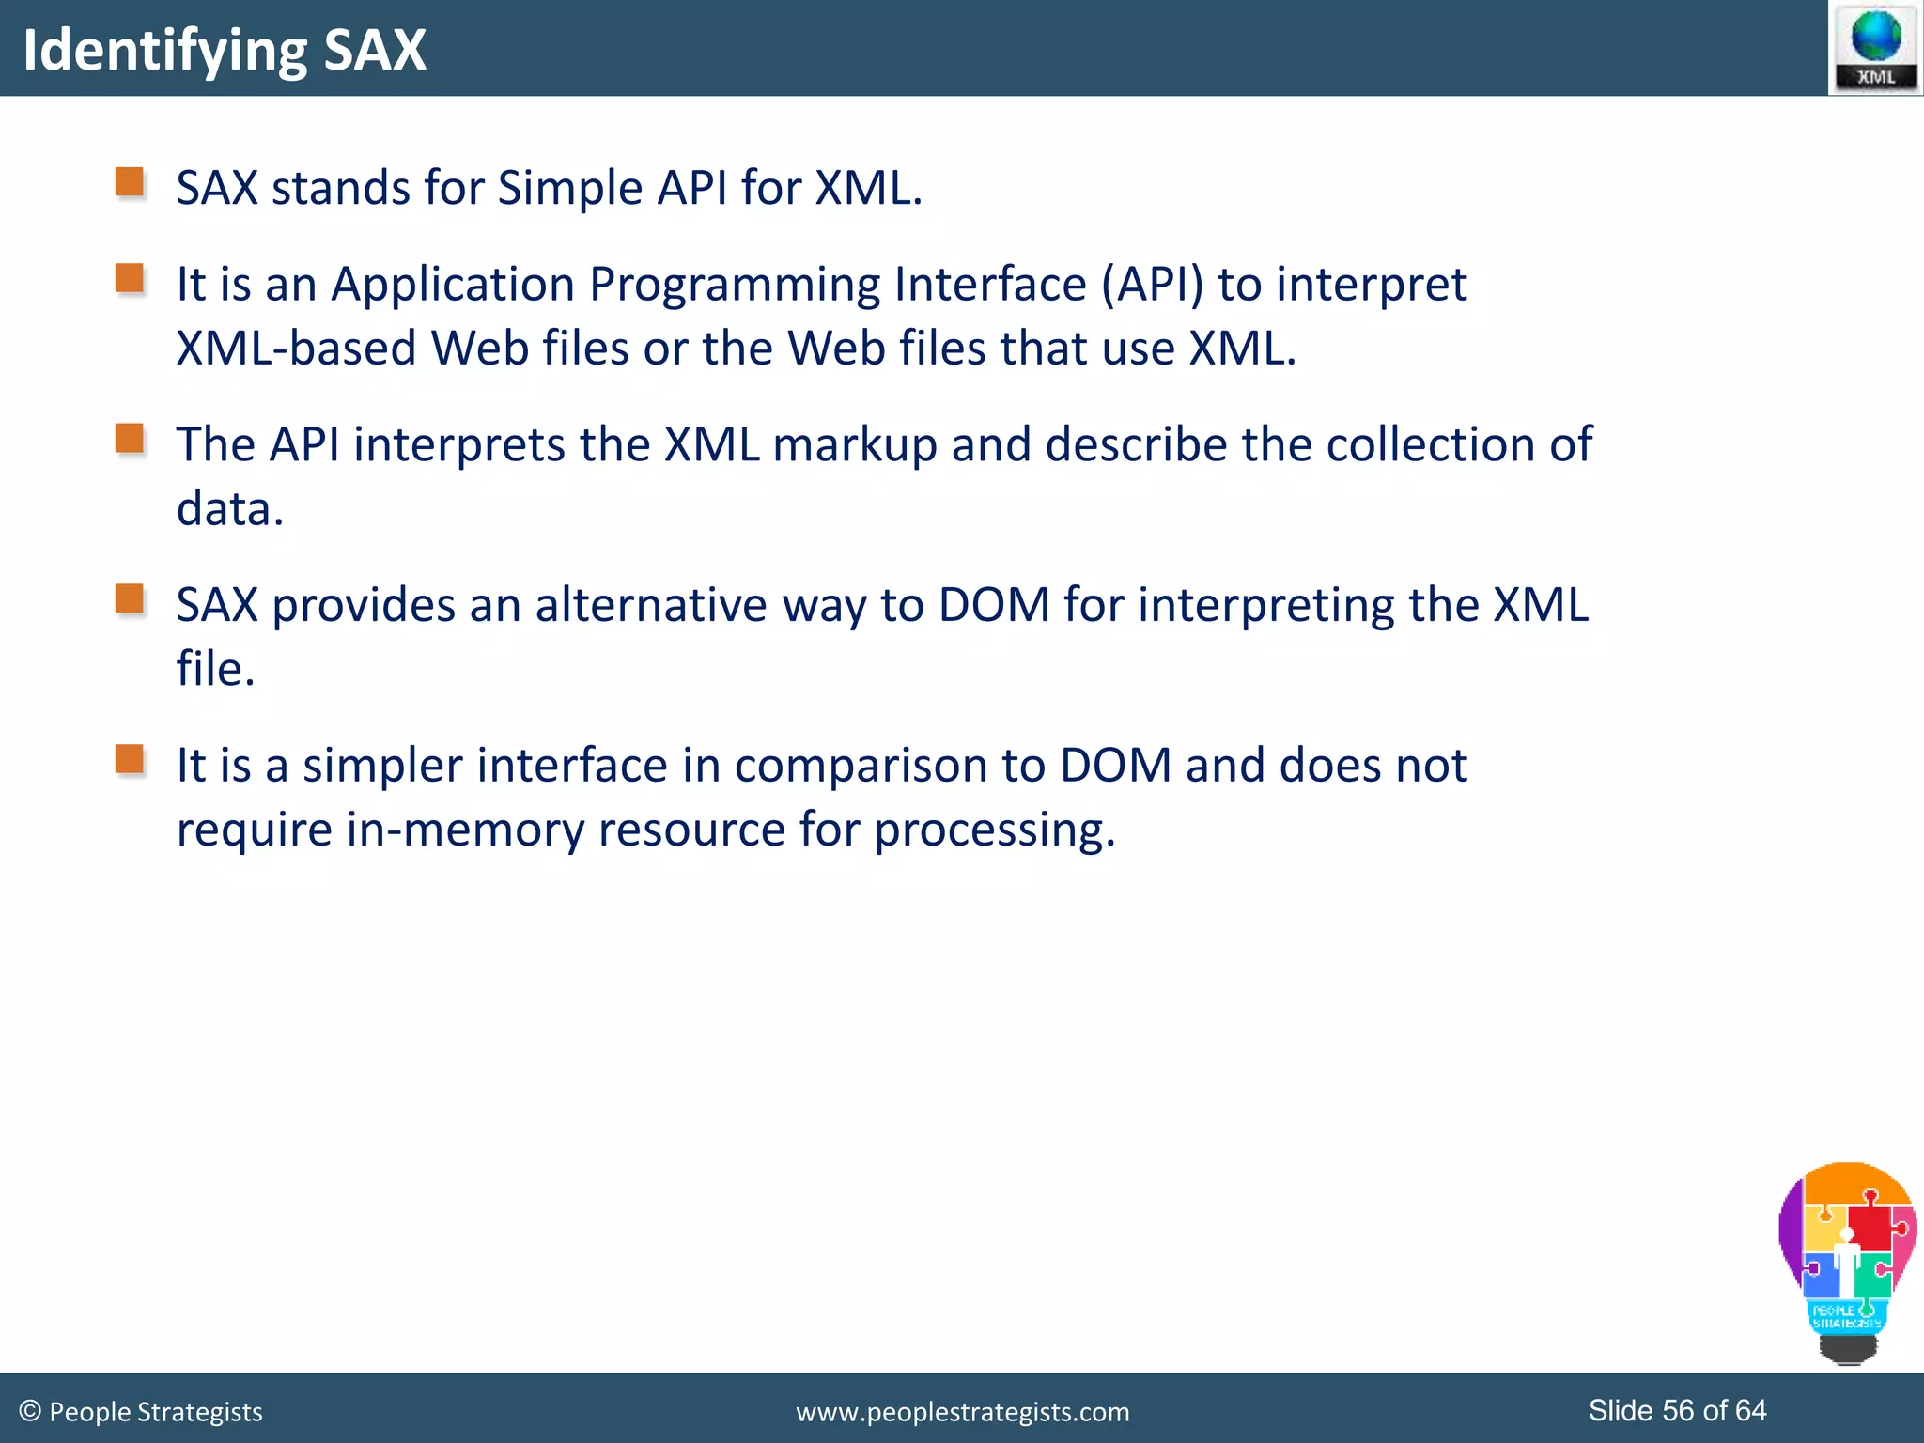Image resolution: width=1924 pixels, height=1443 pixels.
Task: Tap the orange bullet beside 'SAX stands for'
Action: [x=130, y=182]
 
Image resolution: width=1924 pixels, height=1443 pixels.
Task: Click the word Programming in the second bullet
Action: [x=734, y=285]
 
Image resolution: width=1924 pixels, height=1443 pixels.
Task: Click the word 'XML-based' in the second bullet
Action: [x=296, y=349]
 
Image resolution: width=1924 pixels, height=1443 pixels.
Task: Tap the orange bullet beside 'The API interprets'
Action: [x=130, y=439]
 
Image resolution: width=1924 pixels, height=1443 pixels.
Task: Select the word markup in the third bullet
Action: [x=855, y=445]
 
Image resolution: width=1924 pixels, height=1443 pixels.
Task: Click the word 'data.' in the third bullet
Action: [x=230, y=509]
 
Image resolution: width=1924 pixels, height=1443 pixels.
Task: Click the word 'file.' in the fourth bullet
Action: [x=216, y=670]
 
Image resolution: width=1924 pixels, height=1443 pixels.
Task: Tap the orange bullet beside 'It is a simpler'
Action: [x=130, y=759]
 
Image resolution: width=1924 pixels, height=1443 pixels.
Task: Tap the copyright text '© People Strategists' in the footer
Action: [x=141, y=1411]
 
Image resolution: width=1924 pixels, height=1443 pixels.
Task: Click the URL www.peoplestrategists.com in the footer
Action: [x=962, y=1412]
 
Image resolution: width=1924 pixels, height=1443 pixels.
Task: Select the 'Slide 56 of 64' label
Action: [x=1677, y=1410]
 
